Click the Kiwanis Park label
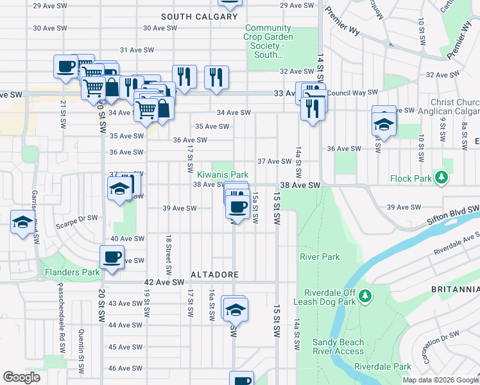tap(222, 175)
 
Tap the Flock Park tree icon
tap(441, 176)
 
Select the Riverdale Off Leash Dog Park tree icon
tap(365, 295)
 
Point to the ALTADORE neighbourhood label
tap(214, 275)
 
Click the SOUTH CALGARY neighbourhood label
tap(200, 17)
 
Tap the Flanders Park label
tap(72, 272)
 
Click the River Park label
tap(319, 257)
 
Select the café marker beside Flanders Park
tap(112, 258)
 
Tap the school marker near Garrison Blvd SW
tap(22, 223)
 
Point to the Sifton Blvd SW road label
tap(452, 216)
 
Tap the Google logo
tap(21, 377)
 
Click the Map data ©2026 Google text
tap(440, 380)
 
